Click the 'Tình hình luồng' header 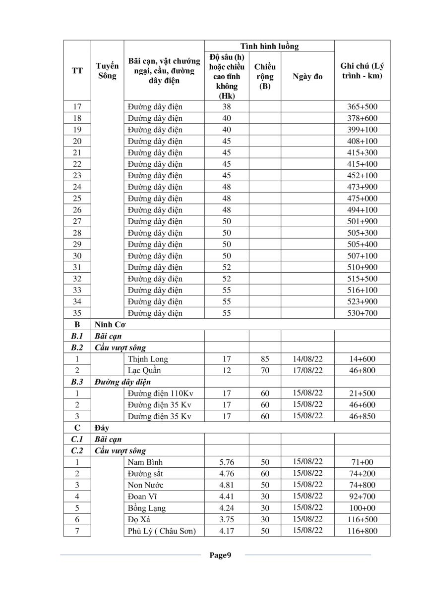click(269, 47)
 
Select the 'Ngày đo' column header click(307, 77)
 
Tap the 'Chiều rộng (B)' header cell click(265, 76)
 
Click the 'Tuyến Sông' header click(107, 71)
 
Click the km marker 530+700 click(362, 313)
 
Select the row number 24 click(77, 187)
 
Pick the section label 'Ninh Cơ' click(109, 325)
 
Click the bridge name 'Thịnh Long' click(148, 359)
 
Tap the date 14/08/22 click(307, 359)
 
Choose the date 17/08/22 click(307, 370)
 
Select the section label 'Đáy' click(102, 428)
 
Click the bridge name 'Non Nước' click(145, 485)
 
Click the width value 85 click(265, 359)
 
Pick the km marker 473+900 click(362, 187)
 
